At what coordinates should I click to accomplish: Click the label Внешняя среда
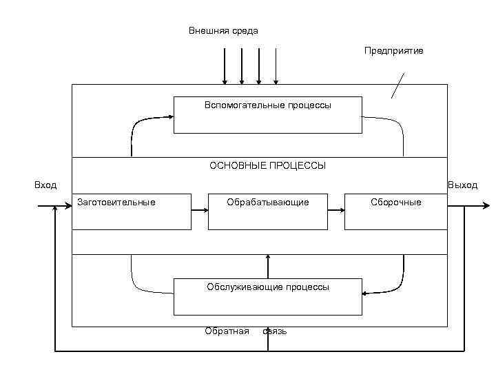(223, 31)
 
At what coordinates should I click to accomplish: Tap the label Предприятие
(394, 51)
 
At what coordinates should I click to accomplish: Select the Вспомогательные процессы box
(267, 114)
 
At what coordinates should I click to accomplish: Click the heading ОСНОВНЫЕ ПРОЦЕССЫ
(267, 166)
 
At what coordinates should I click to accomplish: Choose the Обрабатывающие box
(267, 211)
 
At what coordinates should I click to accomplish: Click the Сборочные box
(395, 211)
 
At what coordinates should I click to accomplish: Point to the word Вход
(45, 185)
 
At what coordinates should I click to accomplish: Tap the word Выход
(462, 185)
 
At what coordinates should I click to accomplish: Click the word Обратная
(227, 331)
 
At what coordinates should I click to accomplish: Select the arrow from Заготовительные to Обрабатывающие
(200, 211)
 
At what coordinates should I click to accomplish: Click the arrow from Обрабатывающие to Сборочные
(335, 211)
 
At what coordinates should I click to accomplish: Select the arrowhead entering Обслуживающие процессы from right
(366, 293)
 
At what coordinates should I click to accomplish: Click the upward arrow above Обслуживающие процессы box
(268, 265)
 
